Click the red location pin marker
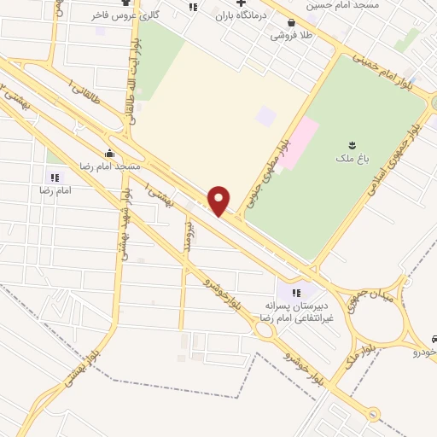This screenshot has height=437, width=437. [219, 201]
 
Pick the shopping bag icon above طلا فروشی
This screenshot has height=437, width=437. [292, 23]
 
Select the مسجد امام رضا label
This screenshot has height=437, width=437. [108, 166]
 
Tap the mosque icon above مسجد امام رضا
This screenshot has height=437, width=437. [109, 154]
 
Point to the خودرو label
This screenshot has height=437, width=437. [424, 352]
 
